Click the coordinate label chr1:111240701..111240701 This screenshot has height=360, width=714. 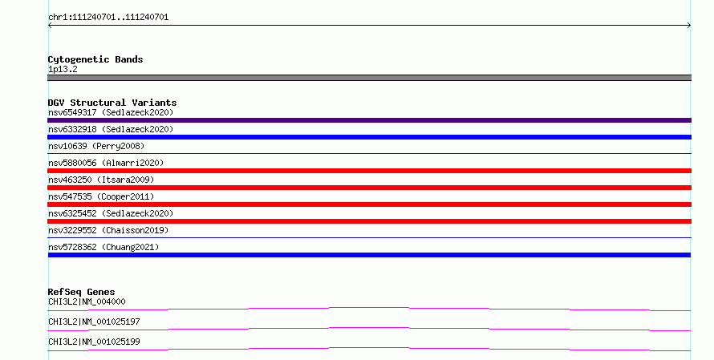pyautogui.click(x=108, y=18)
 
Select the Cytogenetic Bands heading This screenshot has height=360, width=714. pyautogui.click(x=95, y=59)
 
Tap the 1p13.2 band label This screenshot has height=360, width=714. pyautogui.click(x=63, y=69)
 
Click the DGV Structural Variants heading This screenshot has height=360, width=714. pyautogui.click(x=112, y=103)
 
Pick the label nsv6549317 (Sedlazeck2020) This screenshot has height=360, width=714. pyautogui.click(x=111, y=112)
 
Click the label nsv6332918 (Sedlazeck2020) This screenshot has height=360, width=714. pyautogui.click(x=111, y=129)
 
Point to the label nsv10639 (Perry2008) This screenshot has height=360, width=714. pyautogui.click(x=96, y=146)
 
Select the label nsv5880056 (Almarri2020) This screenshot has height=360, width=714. pyautogui.click(x=106, y=163)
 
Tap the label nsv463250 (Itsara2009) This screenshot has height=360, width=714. pyautogui.click(x=101, y=180)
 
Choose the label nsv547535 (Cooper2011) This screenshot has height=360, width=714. pyautogui.click(x=101, y=196)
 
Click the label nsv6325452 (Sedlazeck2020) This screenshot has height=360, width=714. pyautogui.click(x=111, y=213)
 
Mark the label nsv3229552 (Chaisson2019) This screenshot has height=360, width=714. pyautogui.click(x=108, y=230)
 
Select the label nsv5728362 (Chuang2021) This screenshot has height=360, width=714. pyautogui.click(x=103, y=247)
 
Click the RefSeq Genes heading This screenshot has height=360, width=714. pyautogui.click(x=82, y=292)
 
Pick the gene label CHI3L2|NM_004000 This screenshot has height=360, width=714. pyautogui.click(x=87, y=301)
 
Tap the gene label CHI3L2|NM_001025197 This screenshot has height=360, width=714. pyautogui.click(x=94, y=322)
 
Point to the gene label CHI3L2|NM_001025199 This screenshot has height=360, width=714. pyautogui.click(x=94, y=342)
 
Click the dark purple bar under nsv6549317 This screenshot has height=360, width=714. pyautogui.click(x=369, y=120)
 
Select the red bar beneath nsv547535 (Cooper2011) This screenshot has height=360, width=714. pyautogui.click(x=369, y=204)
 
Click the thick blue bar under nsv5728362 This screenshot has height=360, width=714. pyautogui.click(x=369, y=255)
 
